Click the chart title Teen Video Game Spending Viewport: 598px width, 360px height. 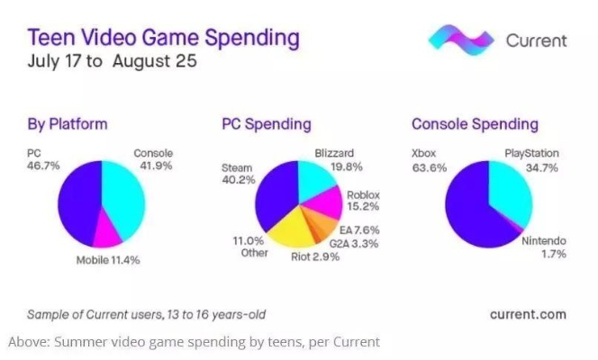163,39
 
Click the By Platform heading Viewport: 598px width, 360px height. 68,124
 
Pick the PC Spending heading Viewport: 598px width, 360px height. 266,124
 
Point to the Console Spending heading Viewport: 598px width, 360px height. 475,124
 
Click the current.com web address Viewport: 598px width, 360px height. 528,313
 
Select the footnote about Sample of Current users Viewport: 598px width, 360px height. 147,314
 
